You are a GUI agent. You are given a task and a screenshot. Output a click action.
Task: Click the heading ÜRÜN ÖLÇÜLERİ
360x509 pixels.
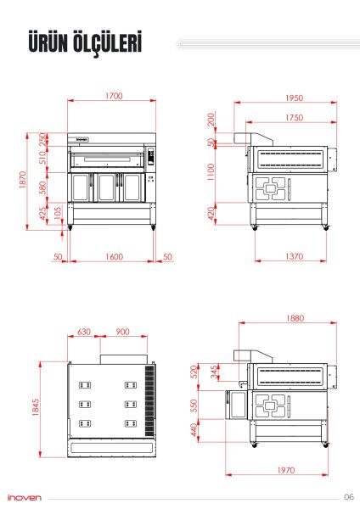tap(83, 45)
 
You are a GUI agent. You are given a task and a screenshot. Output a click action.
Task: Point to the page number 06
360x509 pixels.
tap(348, 497)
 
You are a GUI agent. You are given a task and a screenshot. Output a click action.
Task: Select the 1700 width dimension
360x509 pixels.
tap(113, 97)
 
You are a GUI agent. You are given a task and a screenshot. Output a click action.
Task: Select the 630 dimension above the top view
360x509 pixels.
tap(84, 332)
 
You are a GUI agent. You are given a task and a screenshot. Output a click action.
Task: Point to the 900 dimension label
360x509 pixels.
tap(122, 332)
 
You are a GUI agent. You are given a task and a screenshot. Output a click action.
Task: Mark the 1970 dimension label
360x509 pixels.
tap(285, 470)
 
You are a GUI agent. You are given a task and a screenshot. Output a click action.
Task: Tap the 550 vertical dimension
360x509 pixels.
tap(194, 406)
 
